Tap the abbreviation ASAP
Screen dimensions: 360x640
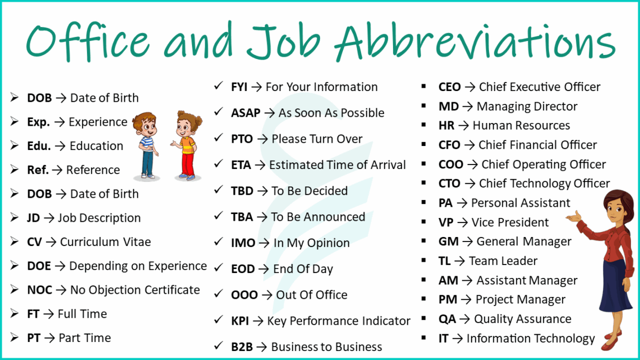click(246, 113)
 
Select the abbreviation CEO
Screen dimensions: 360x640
click(450, 87)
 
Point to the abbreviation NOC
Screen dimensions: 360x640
click(39, 290)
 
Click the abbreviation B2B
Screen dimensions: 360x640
click(242, 347)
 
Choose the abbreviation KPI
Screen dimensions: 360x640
click(240, 321)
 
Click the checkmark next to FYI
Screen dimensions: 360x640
click(219, 86)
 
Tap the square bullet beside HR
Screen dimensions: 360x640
click(425, 125)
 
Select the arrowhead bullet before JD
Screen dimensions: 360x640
click(15, 218)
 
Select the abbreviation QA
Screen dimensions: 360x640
click(447, 319)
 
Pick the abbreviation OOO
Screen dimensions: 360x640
click(244, 295)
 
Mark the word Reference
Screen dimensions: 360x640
click(93, 170)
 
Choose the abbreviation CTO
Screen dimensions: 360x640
click(449, 184)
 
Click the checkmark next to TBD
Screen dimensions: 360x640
click(219, 190)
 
